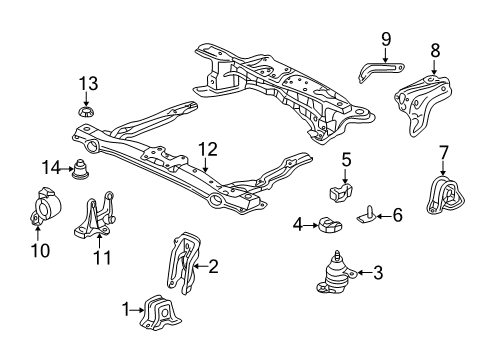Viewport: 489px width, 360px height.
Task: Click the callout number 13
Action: (x=88, y=83)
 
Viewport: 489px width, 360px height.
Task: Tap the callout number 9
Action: (x=386, y=39)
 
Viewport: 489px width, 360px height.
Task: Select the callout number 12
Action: (x=208, y=150)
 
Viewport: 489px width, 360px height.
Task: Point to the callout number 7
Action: (x=444, y=153)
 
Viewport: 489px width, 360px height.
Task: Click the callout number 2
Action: (x=213, y=266)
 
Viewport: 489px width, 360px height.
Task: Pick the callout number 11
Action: (x=102, y=257)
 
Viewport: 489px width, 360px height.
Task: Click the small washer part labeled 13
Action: (x=86, y=112)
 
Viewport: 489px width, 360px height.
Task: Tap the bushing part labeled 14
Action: (x=80, y=169)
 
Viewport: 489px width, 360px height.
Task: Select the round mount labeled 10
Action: (x=46, y=208)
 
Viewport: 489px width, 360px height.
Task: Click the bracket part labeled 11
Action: (x=94, y=217)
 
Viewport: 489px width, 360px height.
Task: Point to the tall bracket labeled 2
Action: (x=184, y=263)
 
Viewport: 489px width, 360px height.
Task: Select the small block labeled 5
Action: (x=341, y=193)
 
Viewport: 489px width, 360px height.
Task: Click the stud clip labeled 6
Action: (x=367, y=214)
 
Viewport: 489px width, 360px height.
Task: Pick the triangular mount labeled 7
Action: (x=445, y=195)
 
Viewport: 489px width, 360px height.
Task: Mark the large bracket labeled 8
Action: (x=423, y=105)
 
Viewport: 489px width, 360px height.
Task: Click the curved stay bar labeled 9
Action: (x=381, y=70)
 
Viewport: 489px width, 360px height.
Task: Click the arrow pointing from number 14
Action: (x=66, y=169)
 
